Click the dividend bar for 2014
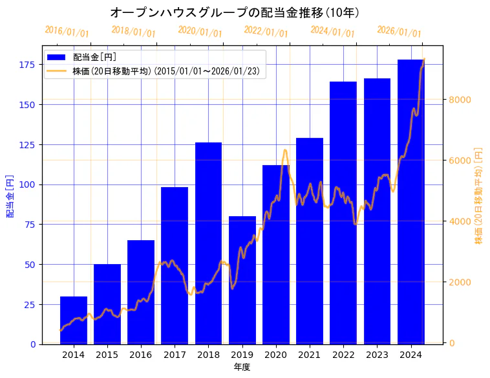pos(74,320)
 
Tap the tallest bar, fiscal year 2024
pos(411,201)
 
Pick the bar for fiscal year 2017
pos(175,265)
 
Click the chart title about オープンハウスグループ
pos(234,12)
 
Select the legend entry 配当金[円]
pos(94,58)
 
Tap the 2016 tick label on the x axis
pos(141,354)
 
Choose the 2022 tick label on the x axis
pos(343,354)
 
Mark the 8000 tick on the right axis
pos(461,100)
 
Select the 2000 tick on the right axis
pos(461,282)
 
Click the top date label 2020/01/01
pos(200,32)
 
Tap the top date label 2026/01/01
pos(399,32)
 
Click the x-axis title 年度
pos(242,367)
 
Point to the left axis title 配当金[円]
pos(10,195)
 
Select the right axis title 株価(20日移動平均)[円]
pos(479,195)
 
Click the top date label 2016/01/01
pos(67,32)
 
